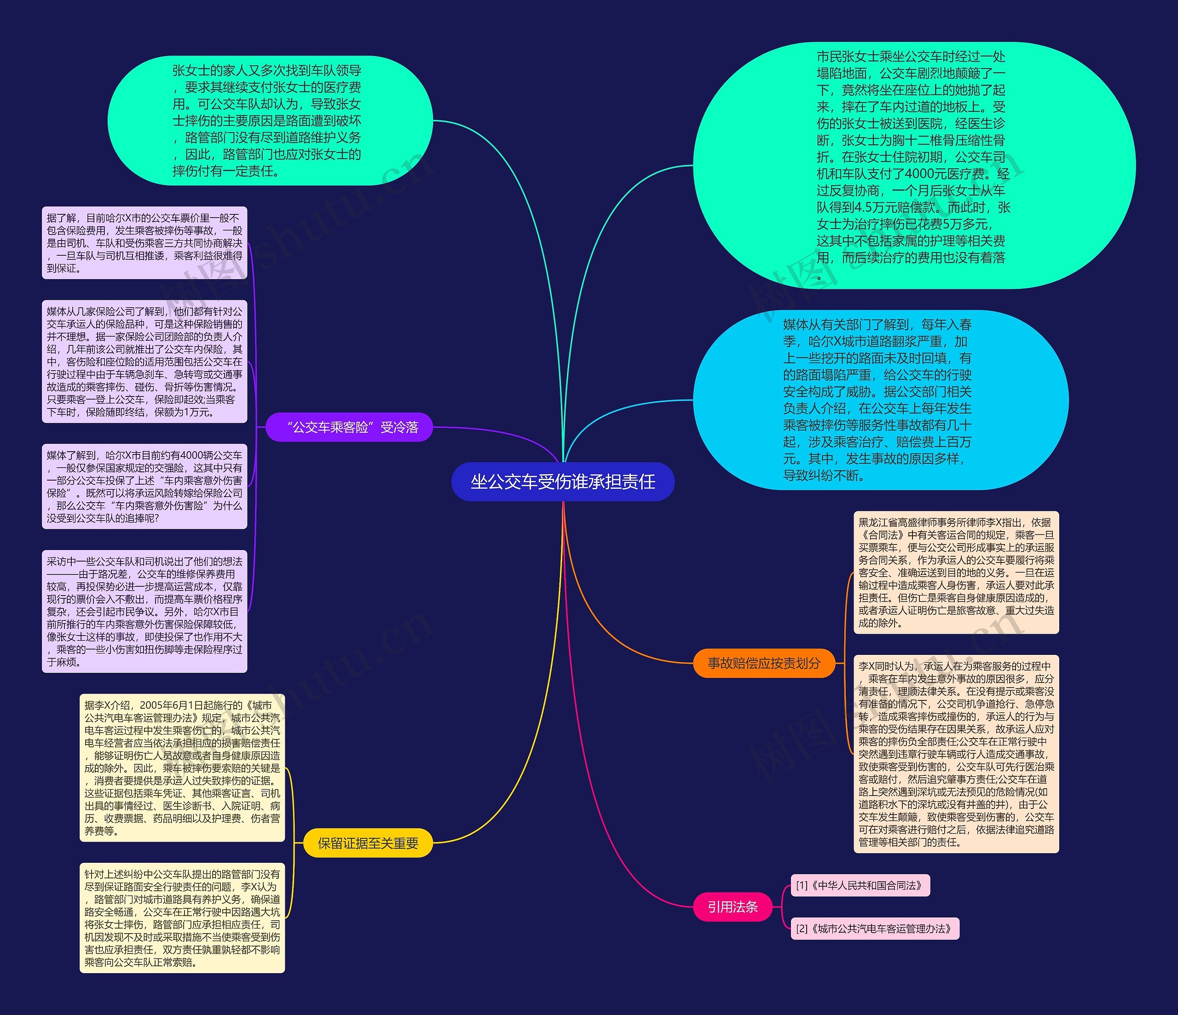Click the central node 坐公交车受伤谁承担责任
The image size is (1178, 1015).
tap(562, 482)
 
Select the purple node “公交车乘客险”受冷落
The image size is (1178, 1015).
tap(349, 427)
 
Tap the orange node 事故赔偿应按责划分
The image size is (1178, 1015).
tap(763, 663)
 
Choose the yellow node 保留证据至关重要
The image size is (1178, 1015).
tap(368, 843)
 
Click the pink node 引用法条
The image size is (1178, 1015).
tap(732, 906)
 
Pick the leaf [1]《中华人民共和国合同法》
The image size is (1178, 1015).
tap(860, 885)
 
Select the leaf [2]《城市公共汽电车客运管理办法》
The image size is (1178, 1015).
tap(874, 929)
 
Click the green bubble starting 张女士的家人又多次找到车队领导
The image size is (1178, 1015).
tap(267, 120)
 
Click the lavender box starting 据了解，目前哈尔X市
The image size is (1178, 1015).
tap(144, 243)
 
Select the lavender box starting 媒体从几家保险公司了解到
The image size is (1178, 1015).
tap(144, 361)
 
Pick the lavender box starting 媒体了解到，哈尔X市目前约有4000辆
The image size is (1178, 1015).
tap(144, 487)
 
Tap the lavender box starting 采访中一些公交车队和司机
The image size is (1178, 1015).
tap(144, 612)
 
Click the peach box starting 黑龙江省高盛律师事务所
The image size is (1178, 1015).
tap(956, 572)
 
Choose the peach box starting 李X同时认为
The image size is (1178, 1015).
tap(956, 754)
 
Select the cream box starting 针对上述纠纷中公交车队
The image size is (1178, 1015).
tap(182, 918)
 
